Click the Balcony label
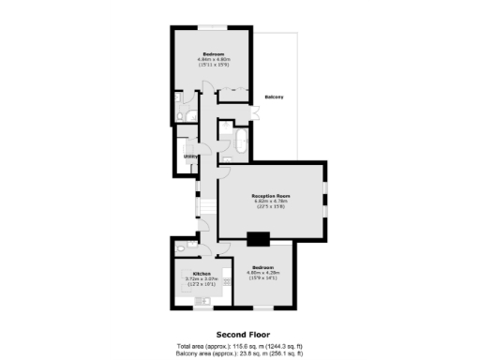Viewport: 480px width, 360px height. [x=275, y=97]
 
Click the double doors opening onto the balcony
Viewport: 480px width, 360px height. [x=256, y=111]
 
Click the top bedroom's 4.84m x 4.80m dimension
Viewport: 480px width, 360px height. [x=214, y=60]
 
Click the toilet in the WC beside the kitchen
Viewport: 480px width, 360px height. [x=181, y=251]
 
